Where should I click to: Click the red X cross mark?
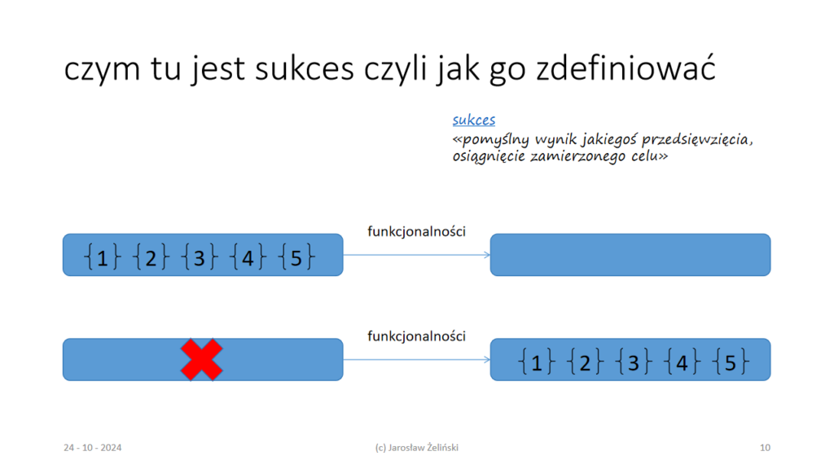[202, 360]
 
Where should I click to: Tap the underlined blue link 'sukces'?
[474, 120]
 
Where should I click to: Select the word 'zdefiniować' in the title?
[625, 68]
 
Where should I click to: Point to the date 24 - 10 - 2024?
[93, 448]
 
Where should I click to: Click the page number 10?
[765, 448]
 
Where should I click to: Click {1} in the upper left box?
[102, 256]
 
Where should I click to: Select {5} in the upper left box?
[296, 256]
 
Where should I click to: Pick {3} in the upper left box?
[200, 256]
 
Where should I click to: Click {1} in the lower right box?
[536, 362]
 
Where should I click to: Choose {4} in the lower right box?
[682, 362]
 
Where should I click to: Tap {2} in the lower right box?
[585, 362]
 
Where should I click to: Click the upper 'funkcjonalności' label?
[416, 231]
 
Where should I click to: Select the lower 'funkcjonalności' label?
[416, 336]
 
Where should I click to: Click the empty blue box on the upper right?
[630, 255]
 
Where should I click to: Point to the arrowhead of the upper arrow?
[487, 255]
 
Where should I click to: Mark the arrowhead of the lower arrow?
[487, 359]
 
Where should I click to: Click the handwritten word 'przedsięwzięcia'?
[697, 140]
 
